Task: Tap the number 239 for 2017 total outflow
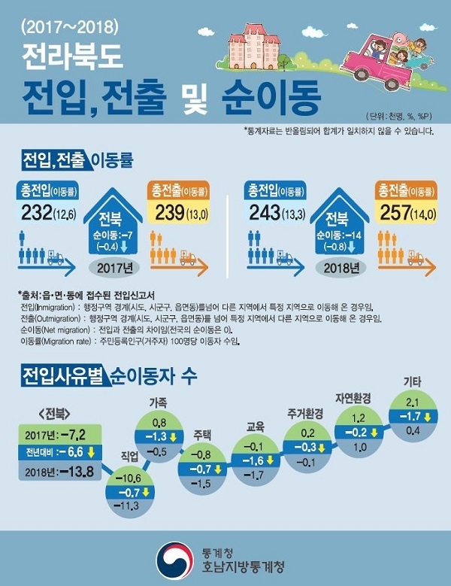171,213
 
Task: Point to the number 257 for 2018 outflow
399,213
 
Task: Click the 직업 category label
130,455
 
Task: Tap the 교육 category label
256,427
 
